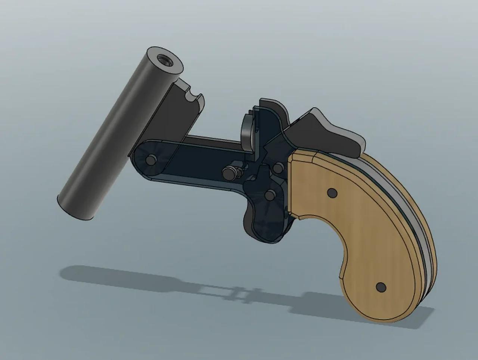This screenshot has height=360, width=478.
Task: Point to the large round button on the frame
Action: (228, 172)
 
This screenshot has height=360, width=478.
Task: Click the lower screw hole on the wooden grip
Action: (381, 287)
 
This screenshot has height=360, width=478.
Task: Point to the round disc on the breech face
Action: (248, 129)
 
